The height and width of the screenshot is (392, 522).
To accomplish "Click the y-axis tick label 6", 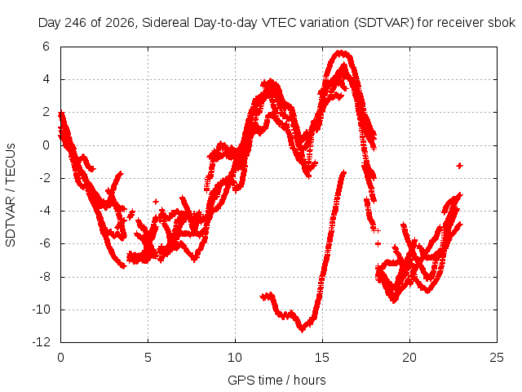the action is [46, 47].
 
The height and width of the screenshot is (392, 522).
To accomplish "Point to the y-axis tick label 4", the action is [46, 79].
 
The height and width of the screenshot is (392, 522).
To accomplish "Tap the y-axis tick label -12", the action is [42, 342].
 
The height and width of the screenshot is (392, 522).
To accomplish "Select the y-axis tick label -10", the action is [42, 310].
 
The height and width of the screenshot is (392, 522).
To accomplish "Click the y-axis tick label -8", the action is [43, 277].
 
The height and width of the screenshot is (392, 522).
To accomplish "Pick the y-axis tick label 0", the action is [46, 145].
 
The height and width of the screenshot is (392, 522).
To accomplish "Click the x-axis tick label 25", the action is [497, 358].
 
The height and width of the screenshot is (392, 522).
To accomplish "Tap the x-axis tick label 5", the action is [148, 358].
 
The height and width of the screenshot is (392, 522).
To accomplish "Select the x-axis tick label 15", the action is [322, 358].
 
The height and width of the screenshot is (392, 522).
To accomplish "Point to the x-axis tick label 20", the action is [409, 358].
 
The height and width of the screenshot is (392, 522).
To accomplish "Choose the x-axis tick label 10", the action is [235, 358].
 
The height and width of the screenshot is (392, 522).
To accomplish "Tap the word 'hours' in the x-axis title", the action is [310, 380].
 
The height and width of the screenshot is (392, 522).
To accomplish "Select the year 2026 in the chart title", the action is [120, 23].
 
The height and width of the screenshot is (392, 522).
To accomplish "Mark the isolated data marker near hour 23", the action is [460, 165].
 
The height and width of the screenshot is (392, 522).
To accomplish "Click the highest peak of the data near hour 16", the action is [342, 52].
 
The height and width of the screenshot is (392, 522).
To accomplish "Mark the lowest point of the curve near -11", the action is [303, 329].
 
